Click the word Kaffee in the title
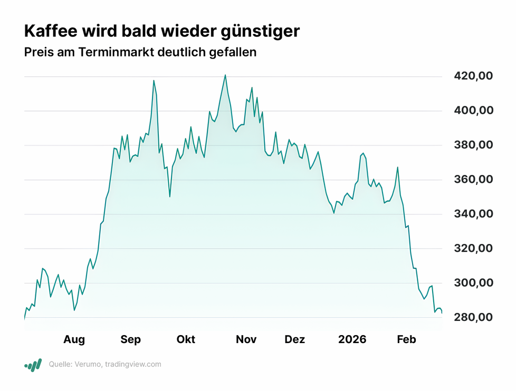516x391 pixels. coord(52,31)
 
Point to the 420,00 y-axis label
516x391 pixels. coord(473,76)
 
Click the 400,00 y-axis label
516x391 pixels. coord(473,111)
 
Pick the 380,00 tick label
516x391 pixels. coord(473,145)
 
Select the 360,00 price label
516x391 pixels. coord(473,180)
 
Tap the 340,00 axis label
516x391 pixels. coord(473,214)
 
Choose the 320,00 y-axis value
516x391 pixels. coord(473,249)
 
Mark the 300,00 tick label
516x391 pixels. coord(473,283)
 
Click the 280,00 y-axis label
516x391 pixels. coord(473,318)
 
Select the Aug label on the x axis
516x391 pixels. coord(74,340)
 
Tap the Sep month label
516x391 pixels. coord(130,340)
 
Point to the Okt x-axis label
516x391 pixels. coord(186,340)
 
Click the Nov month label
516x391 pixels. coord(246,340)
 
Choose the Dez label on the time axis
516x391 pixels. coord(294,340)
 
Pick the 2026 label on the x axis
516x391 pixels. coord(352,340)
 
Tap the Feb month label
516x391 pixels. coord(406,340)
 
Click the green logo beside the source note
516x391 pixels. coord(33,365)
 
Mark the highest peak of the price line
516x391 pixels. coord(225,75)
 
